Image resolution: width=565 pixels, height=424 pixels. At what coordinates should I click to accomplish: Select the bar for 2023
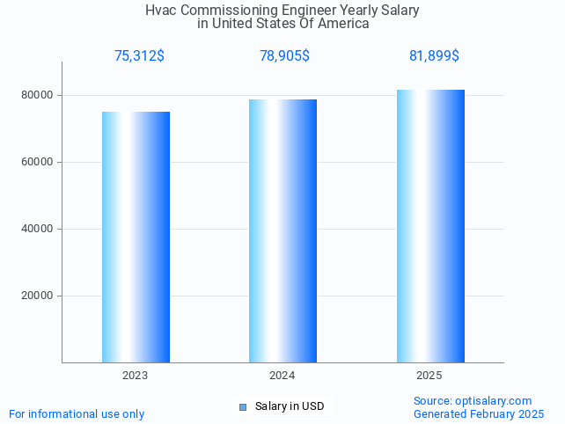point(136,237)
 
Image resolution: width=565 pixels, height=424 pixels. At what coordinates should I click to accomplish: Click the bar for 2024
point(282,230)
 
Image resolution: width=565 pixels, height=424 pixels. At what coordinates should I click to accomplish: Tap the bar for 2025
point(430,225)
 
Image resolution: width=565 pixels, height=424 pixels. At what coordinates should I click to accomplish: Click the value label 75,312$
point(139,56)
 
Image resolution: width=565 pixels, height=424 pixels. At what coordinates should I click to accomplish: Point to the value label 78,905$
point(284,56)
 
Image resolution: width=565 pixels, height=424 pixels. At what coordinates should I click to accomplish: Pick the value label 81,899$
point(434,56)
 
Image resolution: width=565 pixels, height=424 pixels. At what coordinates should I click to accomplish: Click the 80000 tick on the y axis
point(37,95)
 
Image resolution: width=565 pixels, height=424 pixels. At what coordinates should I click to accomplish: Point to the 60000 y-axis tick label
point(37,162)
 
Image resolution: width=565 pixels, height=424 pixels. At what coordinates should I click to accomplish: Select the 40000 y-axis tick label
point(37,229)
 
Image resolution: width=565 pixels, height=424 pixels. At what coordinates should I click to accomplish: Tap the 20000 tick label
point(37,296)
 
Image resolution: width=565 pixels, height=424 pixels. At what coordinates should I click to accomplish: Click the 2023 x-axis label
point(136,376)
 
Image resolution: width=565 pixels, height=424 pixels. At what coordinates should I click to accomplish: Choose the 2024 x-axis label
point(282,376)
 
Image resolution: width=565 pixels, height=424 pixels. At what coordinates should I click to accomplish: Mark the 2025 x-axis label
point(429,376)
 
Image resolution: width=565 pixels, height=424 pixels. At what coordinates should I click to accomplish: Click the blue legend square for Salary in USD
point(243,406)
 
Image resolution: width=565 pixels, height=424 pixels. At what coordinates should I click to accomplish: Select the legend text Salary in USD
point(290,406)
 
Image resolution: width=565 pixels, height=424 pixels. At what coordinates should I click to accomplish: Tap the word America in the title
point(342,24)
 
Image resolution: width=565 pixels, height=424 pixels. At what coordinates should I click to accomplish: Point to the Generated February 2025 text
point(479,413)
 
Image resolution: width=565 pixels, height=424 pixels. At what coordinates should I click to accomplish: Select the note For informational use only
point(77,413)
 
